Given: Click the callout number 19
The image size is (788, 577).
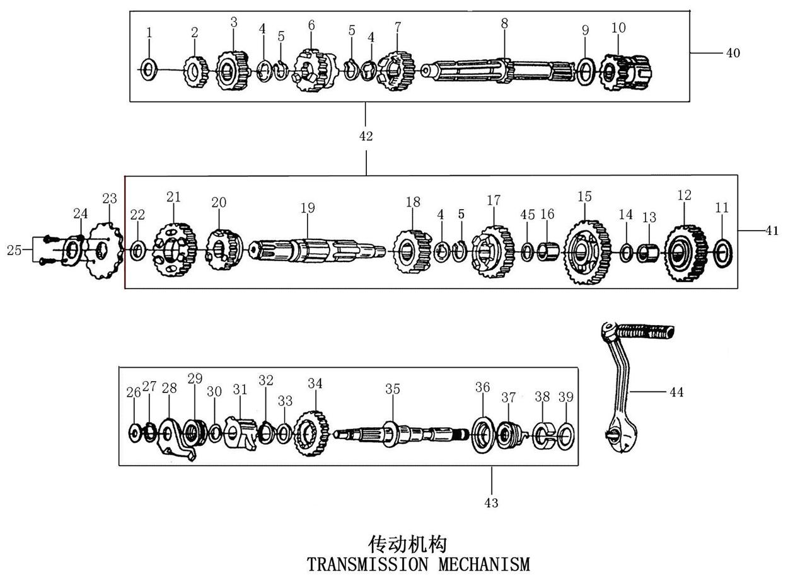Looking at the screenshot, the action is [308, 207].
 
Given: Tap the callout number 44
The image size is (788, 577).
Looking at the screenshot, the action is [676, 392].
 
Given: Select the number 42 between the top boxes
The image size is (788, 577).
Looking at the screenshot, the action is [366, 136].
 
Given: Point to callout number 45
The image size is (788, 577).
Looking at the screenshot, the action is [527, 214].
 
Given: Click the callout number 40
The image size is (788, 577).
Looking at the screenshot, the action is [733, 53].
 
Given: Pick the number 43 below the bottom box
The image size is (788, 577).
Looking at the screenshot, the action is [491, 503].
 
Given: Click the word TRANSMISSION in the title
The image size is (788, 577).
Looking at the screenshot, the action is [368, 564].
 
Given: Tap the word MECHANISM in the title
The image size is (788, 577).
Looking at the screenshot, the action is [484, 564].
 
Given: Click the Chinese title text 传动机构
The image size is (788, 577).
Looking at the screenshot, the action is [407, 544].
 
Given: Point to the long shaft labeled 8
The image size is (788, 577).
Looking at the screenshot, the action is [498, 71].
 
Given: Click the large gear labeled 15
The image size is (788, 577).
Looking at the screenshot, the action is [587, 252].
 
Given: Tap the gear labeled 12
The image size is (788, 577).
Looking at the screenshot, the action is [685, 253].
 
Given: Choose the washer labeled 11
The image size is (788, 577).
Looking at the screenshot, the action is [722, 253].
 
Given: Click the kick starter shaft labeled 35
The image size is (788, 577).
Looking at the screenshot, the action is [401, 435].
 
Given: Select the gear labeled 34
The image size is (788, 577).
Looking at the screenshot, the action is [311, 433].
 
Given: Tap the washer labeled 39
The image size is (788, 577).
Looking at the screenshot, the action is [565, 436].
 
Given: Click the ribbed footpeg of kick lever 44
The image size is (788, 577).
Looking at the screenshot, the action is [646, 331].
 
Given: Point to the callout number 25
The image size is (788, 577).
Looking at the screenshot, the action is [14, 250].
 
